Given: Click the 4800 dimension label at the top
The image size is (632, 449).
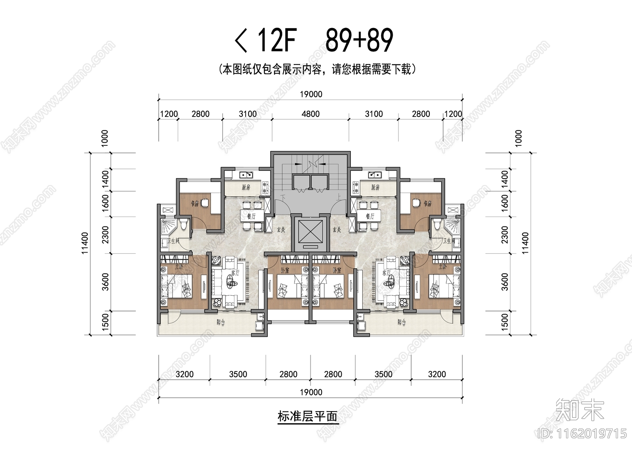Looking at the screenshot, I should (x=310, y=114).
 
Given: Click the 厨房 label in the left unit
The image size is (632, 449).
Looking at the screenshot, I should (x=246, y=187).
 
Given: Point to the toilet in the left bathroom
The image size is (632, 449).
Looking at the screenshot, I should (x=183, y=225).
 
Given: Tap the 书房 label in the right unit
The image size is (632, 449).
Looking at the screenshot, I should (x=427, y=204).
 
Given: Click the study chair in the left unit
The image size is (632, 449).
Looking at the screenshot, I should (x=204, y=203).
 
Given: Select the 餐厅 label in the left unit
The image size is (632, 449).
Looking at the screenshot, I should (x=251, y=216).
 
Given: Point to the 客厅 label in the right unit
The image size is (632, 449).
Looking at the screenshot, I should (x=386, y=273).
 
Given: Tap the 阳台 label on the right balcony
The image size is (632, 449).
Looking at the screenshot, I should (x=401, y=322).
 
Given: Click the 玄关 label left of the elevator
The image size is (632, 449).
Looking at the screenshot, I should (x=281, y=230).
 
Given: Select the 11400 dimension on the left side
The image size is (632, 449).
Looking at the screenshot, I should (x=85, y=243).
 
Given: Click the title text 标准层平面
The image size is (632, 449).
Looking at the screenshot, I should (x=307, y=417).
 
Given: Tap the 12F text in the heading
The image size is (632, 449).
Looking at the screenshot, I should (x=276, y=40).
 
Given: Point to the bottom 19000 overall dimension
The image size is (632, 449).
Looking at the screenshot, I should (x=311, y=392).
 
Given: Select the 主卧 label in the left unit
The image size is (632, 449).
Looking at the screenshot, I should (x=179, y=266).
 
